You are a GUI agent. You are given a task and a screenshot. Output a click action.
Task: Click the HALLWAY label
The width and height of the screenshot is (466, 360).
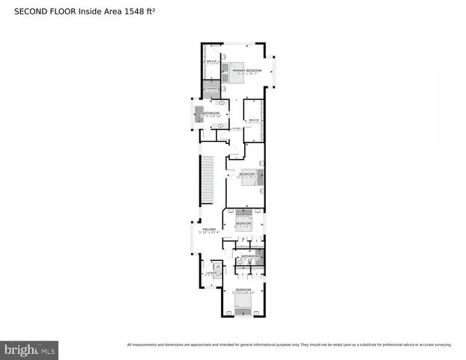208,229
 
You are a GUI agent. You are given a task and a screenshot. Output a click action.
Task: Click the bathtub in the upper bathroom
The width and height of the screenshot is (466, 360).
200,113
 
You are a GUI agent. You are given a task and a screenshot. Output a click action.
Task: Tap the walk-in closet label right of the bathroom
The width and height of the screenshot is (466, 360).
253,120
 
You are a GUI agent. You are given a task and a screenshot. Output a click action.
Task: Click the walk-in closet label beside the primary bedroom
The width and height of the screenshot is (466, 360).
212,63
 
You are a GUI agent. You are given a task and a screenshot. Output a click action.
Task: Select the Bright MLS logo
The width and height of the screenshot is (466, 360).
29,349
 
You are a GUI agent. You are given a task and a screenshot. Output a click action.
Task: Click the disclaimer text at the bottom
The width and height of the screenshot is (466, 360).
289,345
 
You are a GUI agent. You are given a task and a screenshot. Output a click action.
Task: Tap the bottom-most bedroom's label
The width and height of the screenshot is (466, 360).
243,289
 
